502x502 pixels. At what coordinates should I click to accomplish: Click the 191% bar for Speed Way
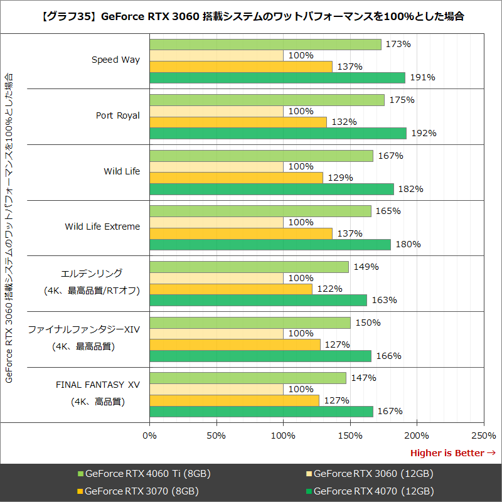[277, 77]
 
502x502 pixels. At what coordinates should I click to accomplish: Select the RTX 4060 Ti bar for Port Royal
[267, 100]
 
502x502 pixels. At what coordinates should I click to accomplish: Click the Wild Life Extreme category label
[102, 227]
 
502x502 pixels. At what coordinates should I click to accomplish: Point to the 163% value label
[385, 300]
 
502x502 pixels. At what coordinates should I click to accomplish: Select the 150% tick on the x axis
[350, 435]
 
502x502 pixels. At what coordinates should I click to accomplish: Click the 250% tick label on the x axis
[483, 435]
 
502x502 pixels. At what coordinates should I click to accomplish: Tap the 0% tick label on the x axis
[150, 435]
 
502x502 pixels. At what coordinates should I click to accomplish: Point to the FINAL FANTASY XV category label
[98, 385]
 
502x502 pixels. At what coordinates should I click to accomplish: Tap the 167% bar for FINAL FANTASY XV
[261, 412]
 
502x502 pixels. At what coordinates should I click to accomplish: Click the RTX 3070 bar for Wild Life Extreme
[241, 233]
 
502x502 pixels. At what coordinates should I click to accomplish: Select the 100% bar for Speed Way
[216, 55]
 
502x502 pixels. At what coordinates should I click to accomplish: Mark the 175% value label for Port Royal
[402, 100]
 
